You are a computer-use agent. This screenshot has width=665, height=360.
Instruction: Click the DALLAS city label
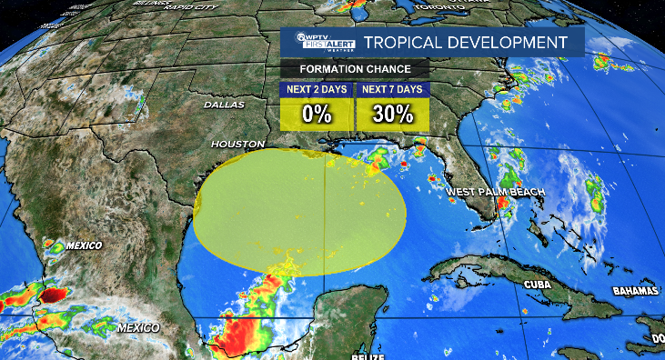(x=224, y=105)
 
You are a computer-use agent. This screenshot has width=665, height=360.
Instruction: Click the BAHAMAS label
(x=634, y=291)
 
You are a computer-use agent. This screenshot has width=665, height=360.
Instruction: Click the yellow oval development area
(x=300, y=209)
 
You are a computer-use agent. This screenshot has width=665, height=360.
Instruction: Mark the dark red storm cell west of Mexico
(x=53, y=295)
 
